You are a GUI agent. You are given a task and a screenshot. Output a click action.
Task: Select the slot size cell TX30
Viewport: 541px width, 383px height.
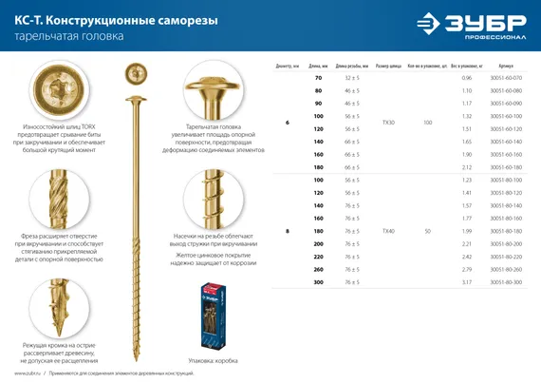[387, 124]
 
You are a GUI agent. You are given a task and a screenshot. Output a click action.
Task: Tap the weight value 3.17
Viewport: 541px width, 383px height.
[466, 281]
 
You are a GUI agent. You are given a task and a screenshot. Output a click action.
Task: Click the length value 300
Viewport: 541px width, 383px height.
[317, 281]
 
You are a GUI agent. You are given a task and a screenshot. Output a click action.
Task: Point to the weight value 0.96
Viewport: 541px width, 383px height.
[466, 77]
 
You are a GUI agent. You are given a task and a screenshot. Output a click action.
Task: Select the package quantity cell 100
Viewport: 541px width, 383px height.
[427, 124]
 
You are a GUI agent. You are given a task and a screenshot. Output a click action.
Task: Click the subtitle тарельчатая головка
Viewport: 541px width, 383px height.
[68, 37]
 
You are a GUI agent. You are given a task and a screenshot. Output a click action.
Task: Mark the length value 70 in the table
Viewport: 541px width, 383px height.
[317, 77]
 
